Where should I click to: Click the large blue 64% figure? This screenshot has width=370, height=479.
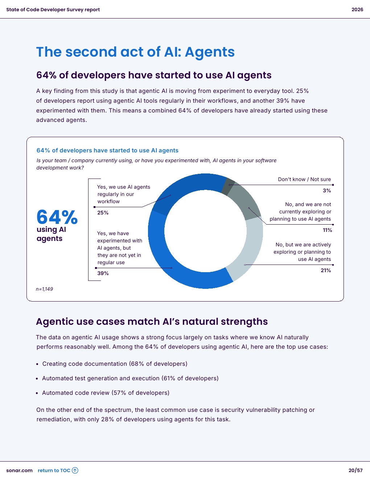57,217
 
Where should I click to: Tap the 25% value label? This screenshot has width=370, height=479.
103,213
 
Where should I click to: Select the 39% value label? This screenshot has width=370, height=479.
103,273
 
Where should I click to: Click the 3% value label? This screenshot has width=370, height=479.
327,191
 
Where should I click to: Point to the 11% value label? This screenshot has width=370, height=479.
327,230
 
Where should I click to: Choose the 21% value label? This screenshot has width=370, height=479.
326,270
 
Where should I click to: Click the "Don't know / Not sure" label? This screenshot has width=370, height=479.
304,179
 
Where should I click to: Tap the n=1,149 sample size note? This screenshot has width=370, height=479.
44,289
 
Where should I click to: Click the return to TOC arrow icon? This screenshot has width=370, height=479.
75,471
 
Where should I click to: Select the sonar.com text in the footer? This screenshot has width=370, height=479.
19,471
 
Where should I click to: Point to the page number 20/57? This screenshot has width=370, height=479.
355,471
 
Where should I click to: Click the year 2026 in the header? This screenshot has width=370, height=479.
357,10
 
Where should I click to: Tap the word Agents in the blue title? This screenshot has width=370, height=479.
210,52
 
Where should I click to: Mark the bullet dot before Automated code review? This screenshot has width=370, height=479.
37,393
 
